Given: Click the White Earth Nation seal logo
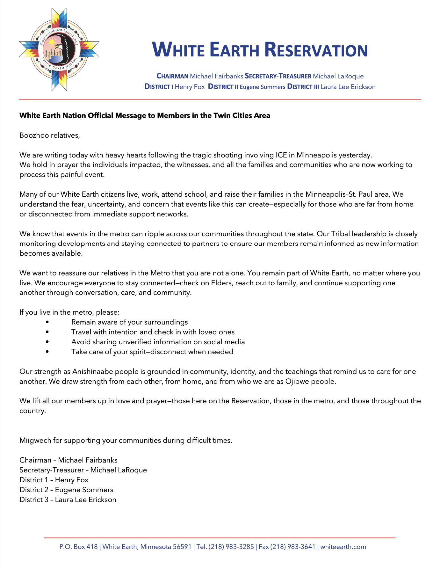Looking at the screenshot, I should tap(59, 49).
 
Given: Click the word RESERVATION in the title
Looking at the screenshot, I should tap(316, 50).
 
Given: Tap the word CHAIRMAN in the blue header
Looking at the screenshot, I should tap(172, 76).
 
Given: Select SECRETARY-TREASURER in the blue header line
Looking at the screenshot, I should tap(278, 76).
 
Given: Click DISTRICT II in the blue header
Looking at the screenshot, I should tap(223, 87).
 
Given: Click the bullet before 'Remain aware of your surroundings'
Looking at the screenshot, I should tap(47, 322).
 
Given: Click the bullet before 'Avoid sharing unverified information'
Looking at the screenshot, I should tap(47, 342).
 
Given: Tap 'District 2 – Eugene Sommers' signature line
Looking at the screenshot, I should tap(66, 490).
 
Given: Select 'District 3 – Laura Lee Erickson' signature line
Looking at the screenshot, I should tap(68, 500).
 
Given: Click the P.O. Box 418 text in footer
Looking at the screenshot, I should tap(78, 547).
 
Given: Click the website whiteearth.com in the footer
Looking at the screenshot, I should tap(343, 547).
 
